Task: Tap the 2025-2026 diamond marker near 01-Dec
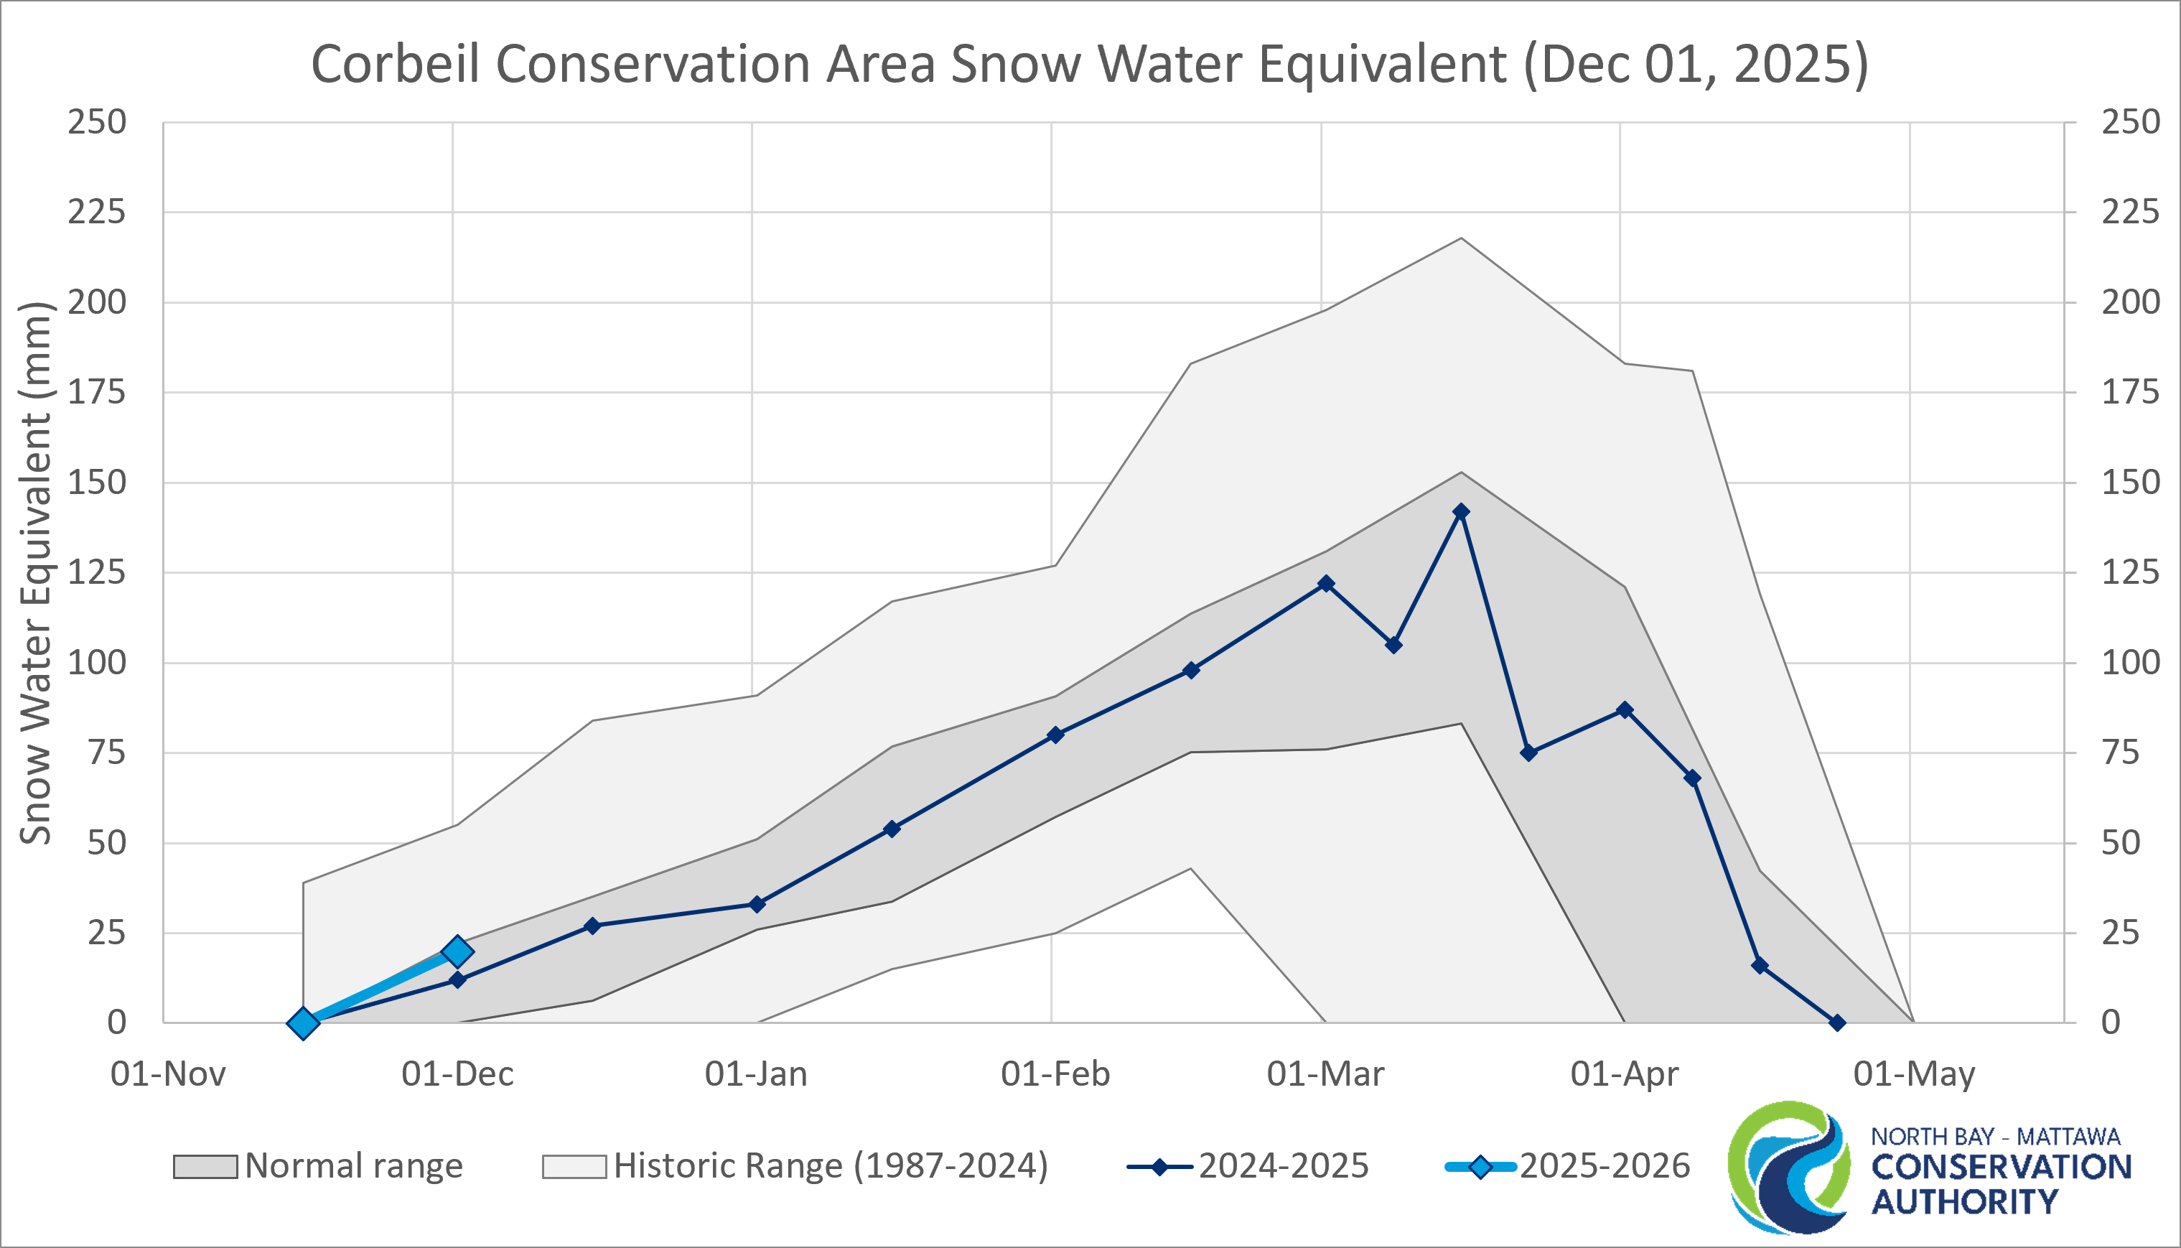457,951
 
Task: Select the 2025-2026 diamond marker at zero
302,1023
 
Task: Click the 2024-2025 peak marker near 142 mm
1461,512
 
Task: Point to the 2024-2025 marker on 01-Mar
1326,584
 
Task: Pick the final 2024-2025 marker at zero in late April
1836,1023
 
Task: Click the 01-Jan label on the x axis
756,1074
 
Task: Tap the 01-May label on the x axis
1914,1074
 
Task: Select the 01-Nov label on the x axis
168,1074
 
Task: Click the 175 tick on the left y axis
97,393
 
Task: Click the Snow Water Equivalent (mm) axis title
36,572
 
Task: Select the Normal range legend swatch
205,1167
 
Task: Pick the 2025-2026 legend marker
1480,1168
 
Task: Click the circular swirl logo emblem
1789,1168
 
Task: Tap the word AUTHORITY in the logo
1964,1203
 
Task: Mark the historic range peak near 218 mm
1461,238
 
